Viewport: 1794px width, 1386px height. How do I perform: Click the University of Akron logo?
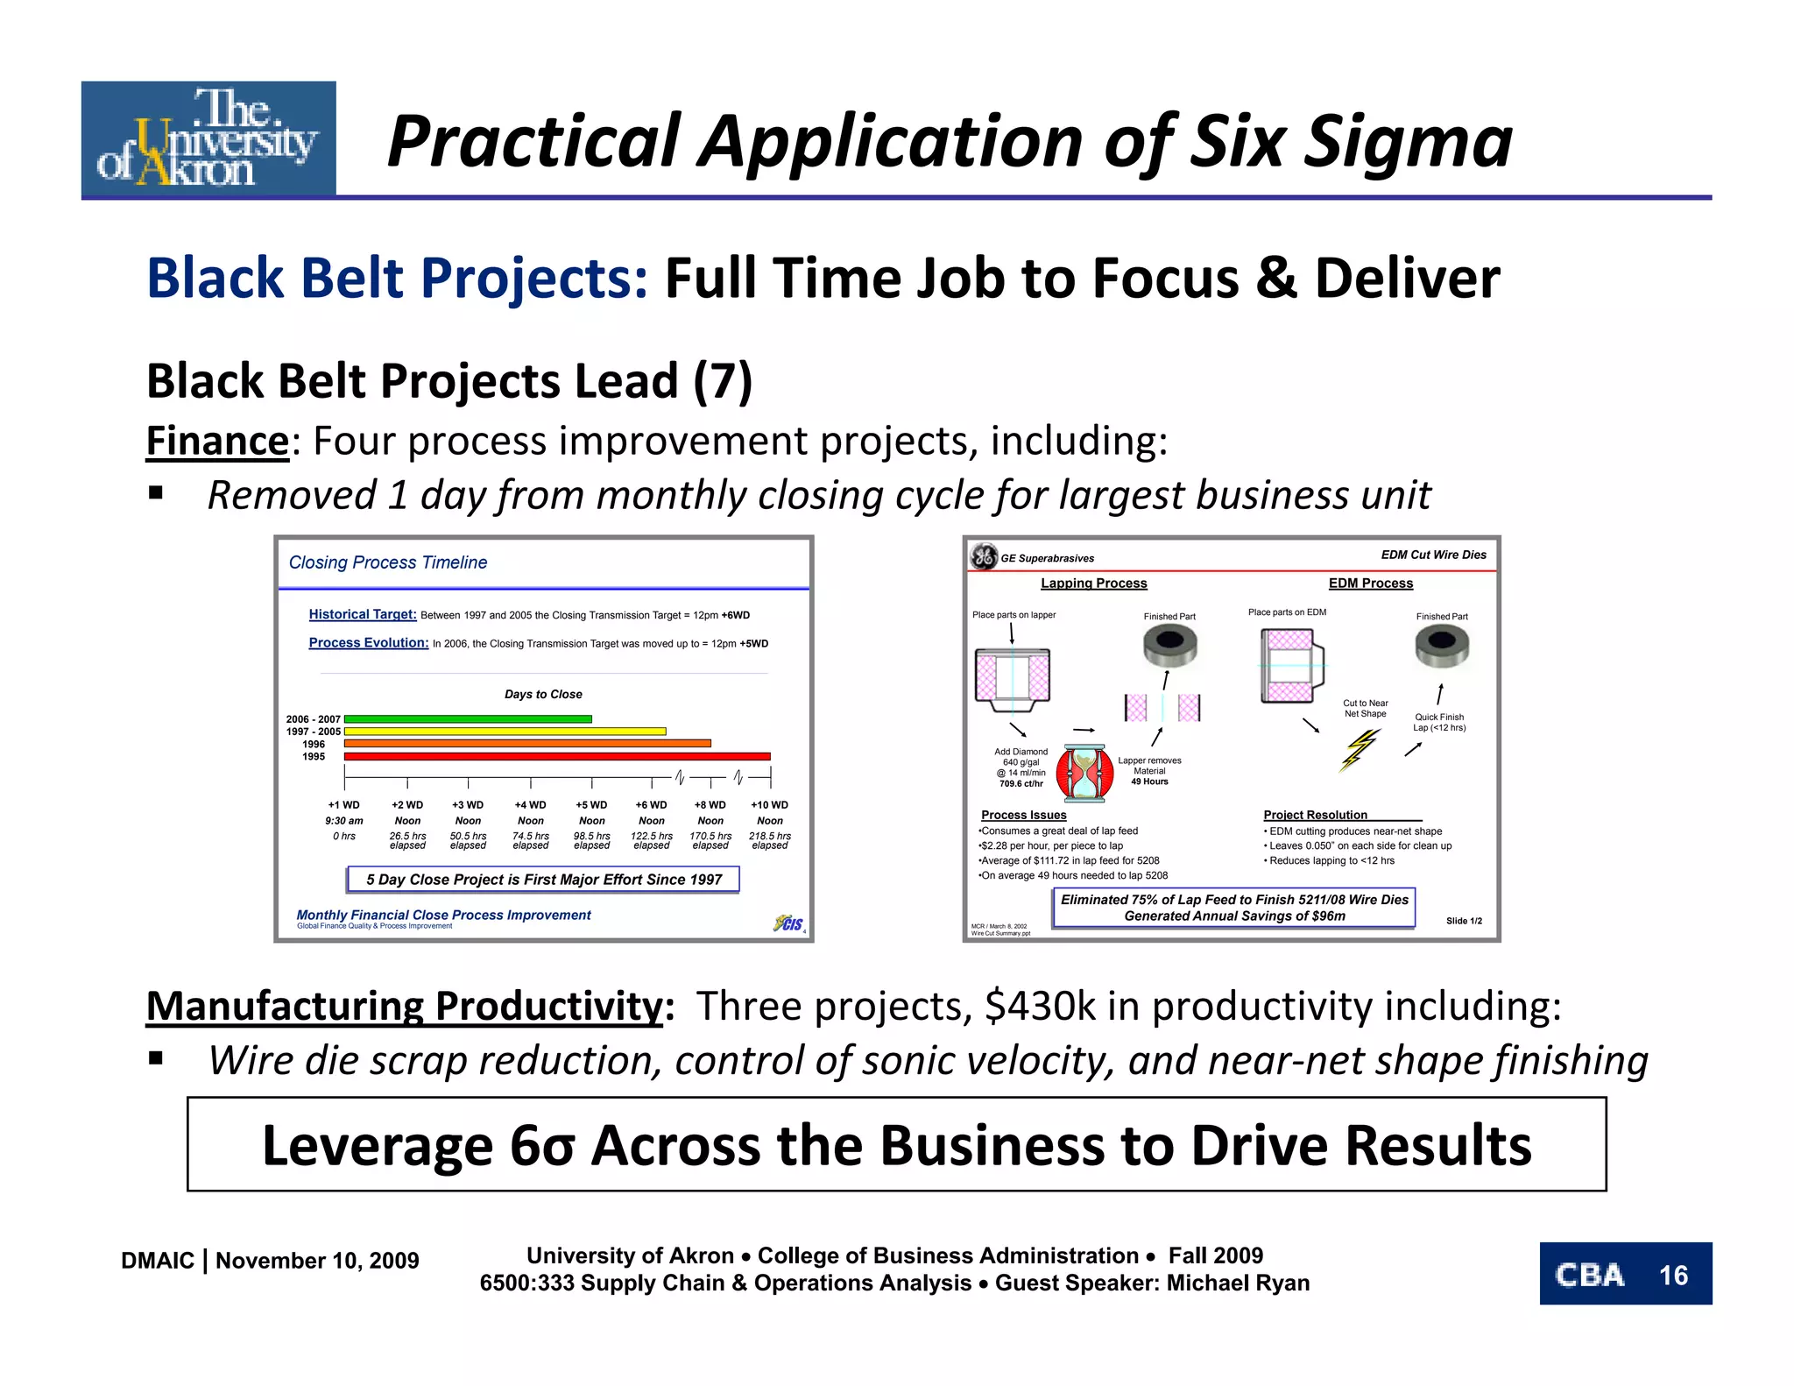pyautogui.click(x=208, y=138)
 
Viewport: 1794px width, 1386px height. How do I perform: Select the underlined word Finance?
pyautogui.click(x=217, y=441)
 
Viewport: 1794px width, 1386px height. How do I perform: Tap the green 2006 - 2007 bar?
pyautogui.click(x=468, y=718)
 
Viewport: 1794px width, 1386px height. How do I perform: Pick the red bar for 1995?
pyautogui.click(x=557, y=756)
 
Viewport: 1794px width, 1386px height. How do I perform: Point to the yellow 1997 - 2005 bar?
pyautogui.click(x=505, y=731)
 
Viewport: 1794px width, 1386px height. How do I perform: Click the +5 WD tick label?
pyautogui.click(x=591, y=804)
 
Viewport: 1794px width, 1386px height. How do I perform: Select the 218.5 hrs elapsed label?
pyautogui.click(x=769, y=840)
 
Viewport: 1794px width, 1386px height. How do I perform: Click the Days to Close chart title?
pyautogui.click(x=543, y=694)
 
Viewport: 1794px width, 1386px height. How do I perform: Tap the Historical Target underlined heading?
pyautogui.click(x=363, y=614)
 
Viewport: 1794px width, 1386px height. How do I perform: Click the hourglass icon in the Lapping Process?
pyautogui.click(x=1084, y=772)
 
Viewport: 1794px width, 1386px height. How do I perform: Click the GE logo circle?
pyautogui.click(x=984, y=556)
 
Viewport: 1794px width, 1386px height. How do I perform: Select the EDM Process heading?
pyautogui.click(x=1370, y=583)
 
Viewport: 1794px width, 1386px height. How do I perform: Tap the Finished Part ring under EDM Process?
pyautogui.click(x=1441, y=647)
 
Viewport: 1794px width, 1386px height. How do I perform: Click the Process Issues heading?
pyautogui.click(x=1023, y=815)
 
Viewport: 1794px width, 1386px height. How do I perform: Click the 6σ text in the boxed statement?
pyautogui.click(x=541, y=1145)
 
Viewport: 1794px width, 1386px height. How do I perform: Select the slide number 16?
pyautogui.click(x=1673, y=1275)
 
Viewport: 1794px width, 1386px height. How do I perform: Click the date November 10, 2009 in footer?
pyautogui.click(x=317, y=1261)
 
